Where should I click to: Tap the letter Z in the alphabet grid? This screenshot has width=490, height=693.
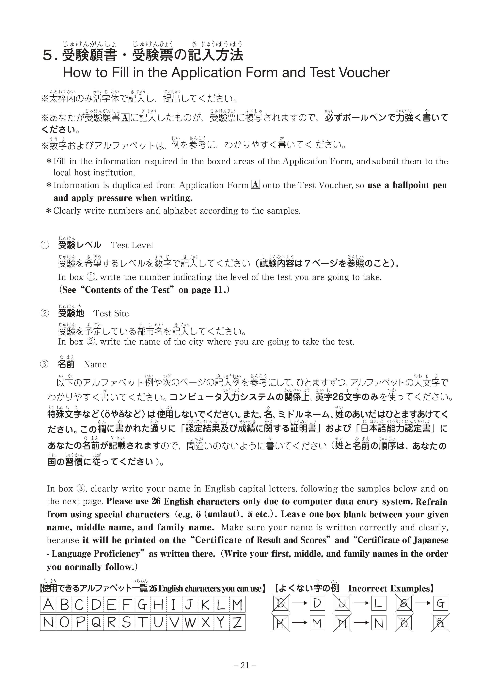coord(237,622)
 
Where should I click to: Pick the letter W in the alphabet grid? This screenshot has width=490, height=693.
coord(190,622)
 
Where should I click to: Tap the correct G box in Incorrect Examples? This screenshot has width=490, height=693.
coord(440,604)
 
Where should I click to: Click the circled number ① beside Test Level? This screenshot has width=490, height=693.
coord(44,245)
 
